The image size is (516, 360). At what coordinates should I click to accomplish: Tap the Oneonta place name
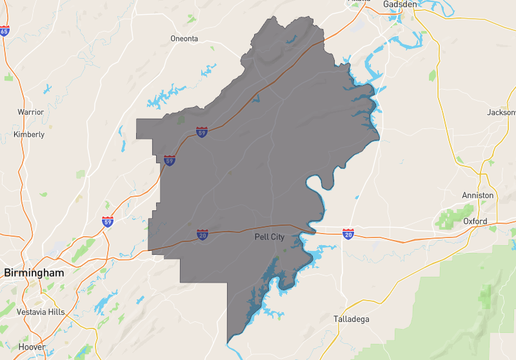point(184,39)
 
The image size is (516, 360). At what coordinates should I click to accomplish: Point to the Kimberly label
point(28,134)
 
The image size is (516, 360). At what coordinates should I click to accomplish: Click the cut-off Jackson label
point(501,112)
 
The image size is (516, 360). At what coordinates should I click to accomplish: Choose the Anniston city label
point(478,195)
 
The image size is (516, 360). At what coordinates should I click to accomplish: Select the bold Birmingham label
point(33,272)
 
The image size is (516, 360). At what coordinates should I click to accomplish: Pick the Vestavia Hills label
point(34,312)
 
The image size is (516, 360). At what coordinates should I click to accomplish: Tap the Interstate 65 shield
point(4,32)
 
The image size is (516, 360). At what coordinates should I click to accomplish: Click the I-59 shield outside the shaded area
point(107,221)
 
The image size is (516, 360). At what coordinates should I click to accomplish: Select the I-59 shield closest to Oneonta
point(202,131)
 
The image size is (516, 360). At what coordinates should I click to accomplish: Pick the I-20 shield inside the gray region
point(202,235)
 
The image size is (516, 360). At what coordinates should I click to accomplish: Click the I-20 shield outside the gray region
point(347,234)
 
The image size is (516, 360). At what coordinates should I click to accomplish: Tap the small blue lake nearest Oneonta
point(208,70)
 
